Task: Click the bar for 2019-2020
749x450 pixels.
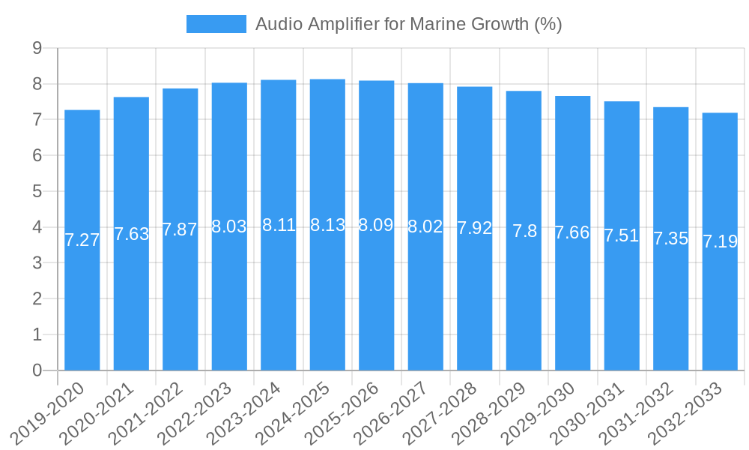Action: click(82, 300)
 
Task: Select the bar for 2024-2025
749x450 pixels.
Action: click(327, 300)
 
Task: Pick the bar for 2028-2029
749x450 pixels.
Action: click(524, 300)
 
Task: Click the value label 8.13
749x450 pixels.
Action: click(327, 225)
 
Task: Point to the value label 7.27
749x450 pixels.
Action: click(82, 240)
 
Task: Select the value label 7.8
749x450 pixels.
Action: click(524, 231)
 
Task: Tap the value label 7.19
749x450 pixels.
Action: click(720, 241)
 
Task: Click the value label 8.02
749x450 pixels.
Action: click(425, 226)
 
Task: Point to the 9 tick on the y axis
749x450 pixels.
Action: click(37, 49)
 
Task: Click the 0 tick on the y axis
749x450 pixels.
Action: click(37, 370)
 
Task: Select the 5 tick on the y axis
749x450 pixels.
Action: click(37, 191)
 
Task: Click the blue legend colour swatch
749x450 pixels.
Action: click(216, 24)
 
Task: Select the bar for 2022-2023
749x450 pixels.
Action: click(229, 300)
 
